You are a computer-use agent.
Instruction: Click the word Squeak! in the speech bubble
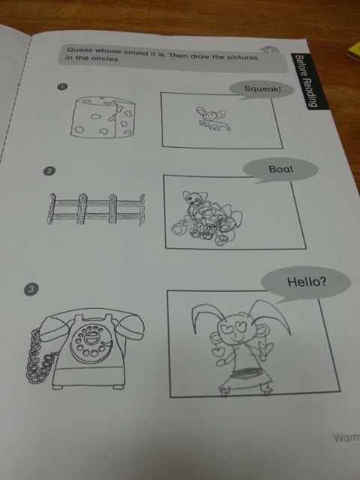click(x=262, y=89)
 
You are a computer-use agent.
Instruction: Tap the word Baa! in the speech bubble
click(x=280, y=169)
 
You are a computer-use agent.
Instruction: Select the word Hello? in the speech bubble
click(x=307, y=282)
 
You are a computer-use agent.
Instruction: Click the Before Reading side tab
click(x=307, y=81)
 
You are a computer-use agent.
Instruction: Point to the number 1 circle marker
click(x=62, y=87)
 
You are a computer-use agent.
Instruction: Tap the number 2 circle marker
click(x=49, y=171)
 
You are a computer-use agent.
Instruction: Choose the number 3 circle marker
click(x=31, y=288)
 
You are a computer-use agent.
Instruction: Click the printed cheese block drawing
click(x=103, y=116)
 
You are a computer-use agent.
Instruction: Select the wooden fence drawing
click(x=96, y=209)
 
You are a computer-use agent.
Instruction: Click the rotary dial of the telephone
click(x=91, y=343)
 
